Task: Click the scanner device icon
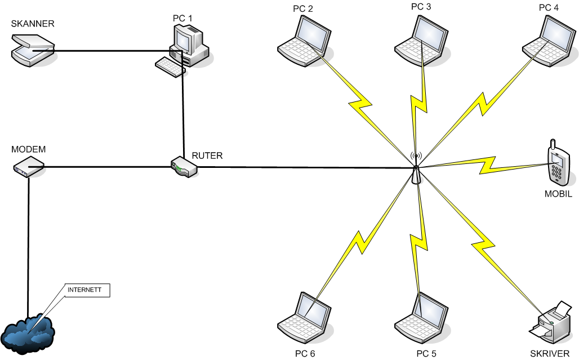(33, 50)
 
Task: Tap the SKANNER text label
(33, 24)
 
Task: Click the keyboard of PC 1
(170, 66)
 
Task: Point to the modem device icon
(29, 167)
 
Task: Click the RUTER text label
(207, 156)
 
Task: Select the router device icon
(184, 166)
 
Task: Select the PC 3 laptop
(421, 41)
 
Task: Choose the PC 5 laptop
(421, 318)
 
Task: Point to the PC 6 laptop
(304, 318)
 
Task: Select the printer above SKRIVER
(551, 322)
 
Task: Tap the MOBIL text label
(558, 194)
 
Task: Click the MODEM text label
(28, 149)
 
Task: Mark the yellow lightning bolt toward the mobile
(484, 166)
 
